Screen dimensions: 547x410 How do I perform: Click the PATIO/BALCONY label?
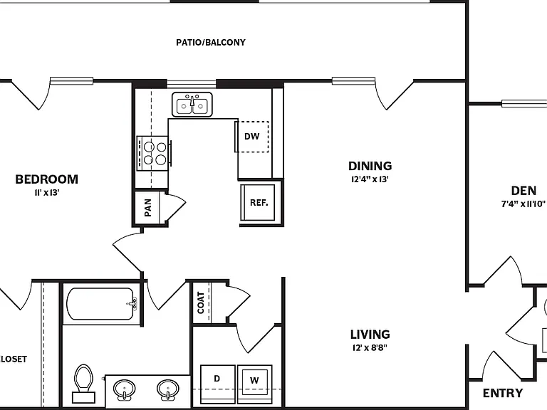point(211,43)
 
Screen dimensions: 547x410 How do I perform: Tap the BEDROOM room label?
point(47,179)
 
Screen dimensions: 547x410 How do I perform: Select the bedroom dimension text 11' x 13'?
point(47,192)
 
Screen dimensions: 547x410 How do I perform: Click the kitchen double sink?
point(192,105)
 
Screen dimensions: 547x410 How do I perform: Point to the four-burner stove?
point(153,154)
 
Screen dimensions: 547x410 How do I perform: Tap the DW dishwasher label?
point(252,137)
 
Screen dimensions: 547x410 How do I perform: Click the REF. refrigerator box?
point(258,203)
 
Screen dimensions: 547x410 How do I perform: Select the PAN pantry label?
point(148,207)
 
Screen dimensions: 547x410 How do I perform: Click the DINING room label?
point(370,166)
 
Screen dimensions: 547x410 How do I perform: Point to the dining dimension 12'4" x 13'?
point(370,179)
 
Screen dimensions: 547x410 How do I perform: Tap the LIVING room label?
point(370,335)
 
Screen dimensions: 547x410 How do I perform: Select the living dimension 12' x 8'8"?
point(370,347)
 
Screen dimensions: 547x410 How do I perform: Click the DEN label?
point(523,191)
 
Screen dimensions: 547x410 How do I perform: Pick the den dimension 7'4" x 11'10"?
point(523,204)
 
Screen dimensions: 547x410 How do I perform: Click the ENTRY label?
point(503,393)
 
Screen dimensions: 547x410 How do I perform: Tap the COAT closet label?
point(201,303)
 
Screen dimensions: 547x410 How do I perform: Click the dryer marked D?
point(218,384)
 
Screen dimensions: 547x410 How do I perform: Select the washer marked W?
point(255,384)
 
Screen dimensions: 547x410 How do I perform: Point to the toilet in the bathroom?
point(84,384)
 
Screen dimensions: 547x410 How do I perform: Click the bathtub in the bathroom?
point(101,304)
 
